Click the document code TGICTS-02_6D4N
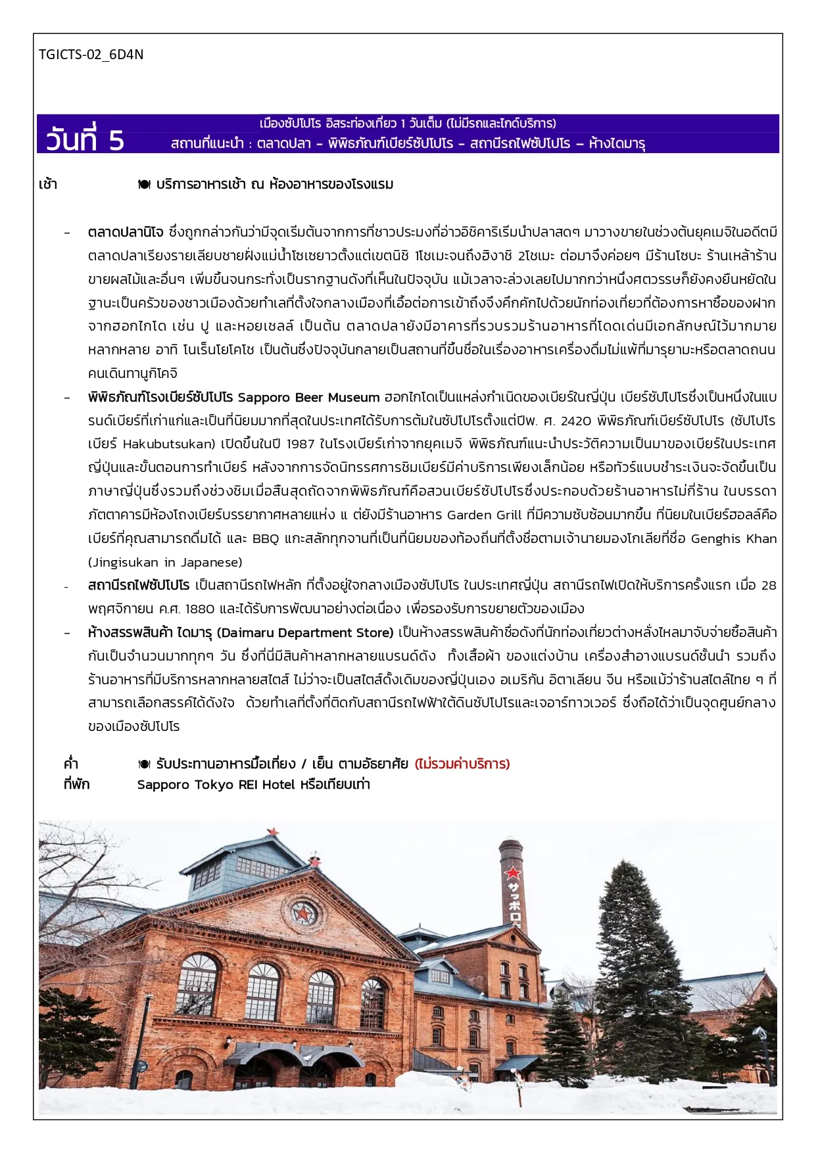[91, 55]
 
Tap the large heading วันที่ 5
[85, 140]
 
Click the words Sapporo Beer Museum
[308, 398]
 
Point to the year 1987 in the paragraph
[300, 444]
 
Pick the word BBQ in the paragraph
[266, 539]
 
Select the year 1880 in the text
[201, 609]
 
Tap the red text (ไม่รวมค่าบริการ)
[462, 764]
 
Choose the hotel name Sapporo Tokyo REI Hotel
[216, 785]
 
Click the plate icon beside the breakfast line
[144, 185]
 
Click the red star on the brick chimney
[512, 874]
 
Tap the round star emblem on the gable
[303, 913]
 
